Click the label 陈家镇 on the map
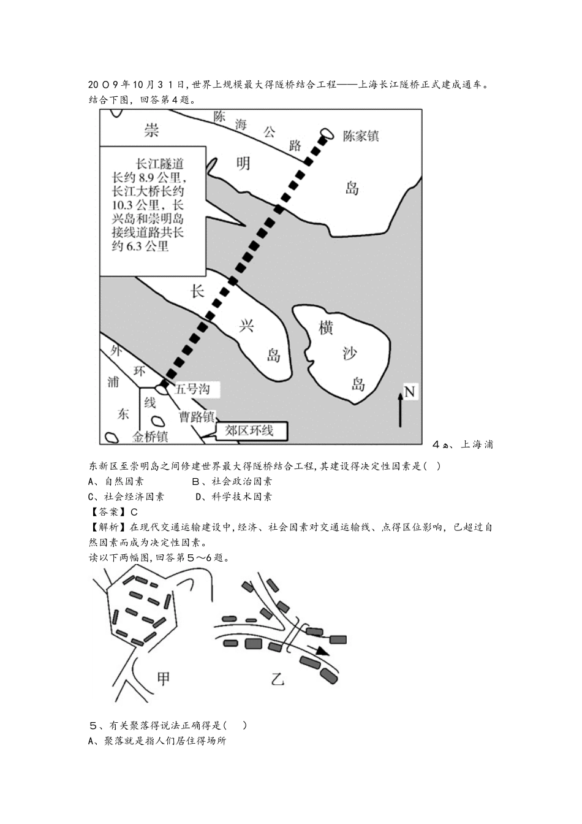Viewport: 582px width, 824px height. (360, 136)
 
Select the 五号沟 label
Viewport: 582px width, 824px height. (192, 389)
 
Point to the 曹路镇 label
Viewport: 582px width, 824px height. (197, 417)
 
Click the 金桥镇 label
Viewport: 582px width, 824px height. (150, 437)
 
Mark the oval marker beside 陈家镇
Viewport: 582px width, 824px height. (327, 133)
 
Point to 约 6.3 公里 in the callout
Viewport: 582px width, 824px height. (140, 246)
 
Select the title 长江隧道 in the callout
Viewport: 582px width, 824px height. (159, 164)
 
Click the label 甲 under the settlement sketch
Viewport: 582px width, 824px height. (164, 678)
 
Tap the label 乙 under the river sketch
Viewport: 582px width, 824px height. (278, 679)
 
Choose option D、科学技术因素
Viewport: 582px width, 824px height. (233, 497)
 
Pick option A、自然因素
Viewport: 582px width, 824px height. (116, 481)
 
